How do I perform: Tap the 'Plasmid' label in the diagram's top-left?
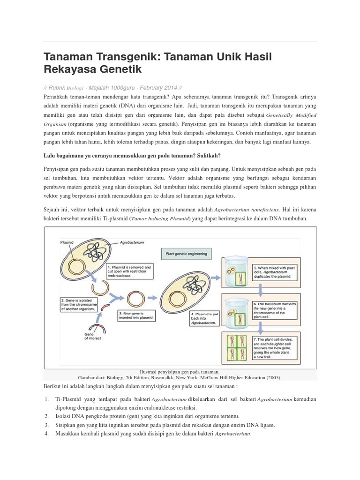[67, 242]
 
